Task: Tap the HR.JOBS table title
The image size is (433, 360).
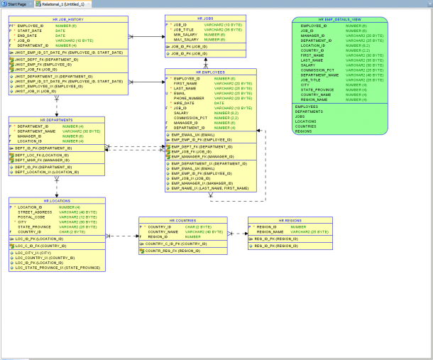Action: [206, 18]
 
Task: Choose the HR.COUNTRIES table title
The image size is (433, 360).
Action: [182, 220]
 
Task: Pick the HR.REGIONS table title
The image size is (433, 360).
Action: [290, 220]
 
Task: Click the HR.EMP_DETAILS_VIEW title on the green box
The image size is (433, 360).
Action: [340, 19]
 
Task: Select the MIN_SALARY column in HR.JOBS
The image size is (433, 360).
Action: [186, 34]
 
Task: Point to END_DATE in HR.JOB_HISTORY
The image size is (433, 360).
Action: [27, 36]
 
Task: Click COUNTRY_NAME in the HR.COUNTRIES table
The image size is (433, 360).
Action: [163, 231]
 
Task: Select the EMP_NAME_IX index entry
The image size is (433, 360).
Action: [210, 189]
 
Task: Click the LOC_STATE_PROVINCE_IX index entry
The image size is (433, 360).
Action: [57, 268]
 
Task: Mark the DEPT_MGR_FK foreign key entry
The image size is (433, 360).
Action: [42, 160]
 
